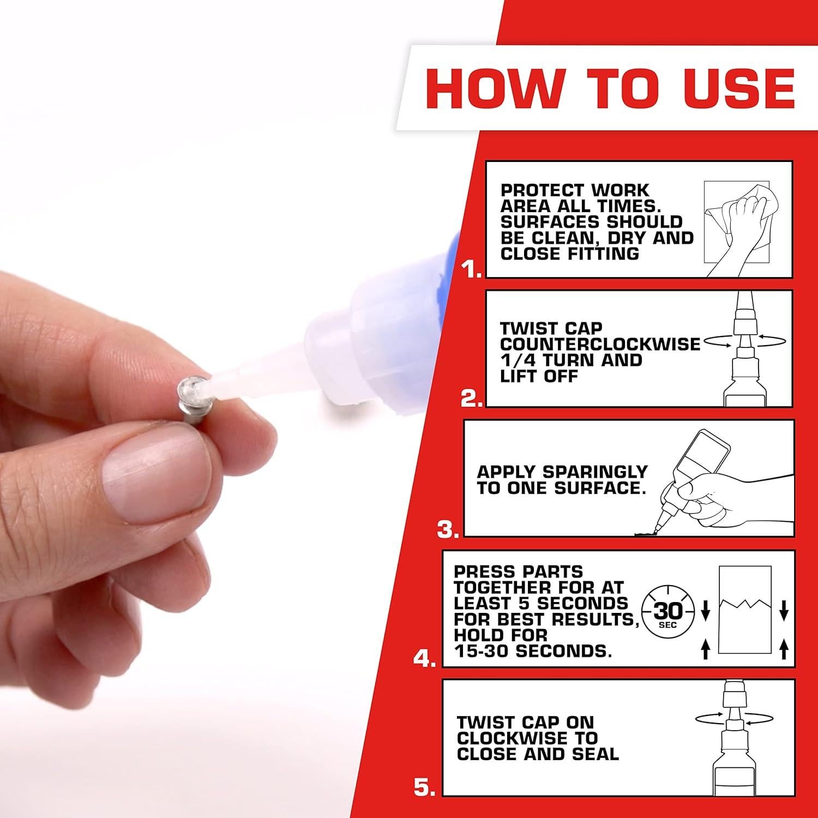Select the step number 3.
pyautogui.click(x=448, y=530)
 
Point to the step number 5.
pyautogui.click(x=424, y=787)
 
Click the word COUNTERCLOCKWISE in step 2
pyautogui.click(x=600, y=345)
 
